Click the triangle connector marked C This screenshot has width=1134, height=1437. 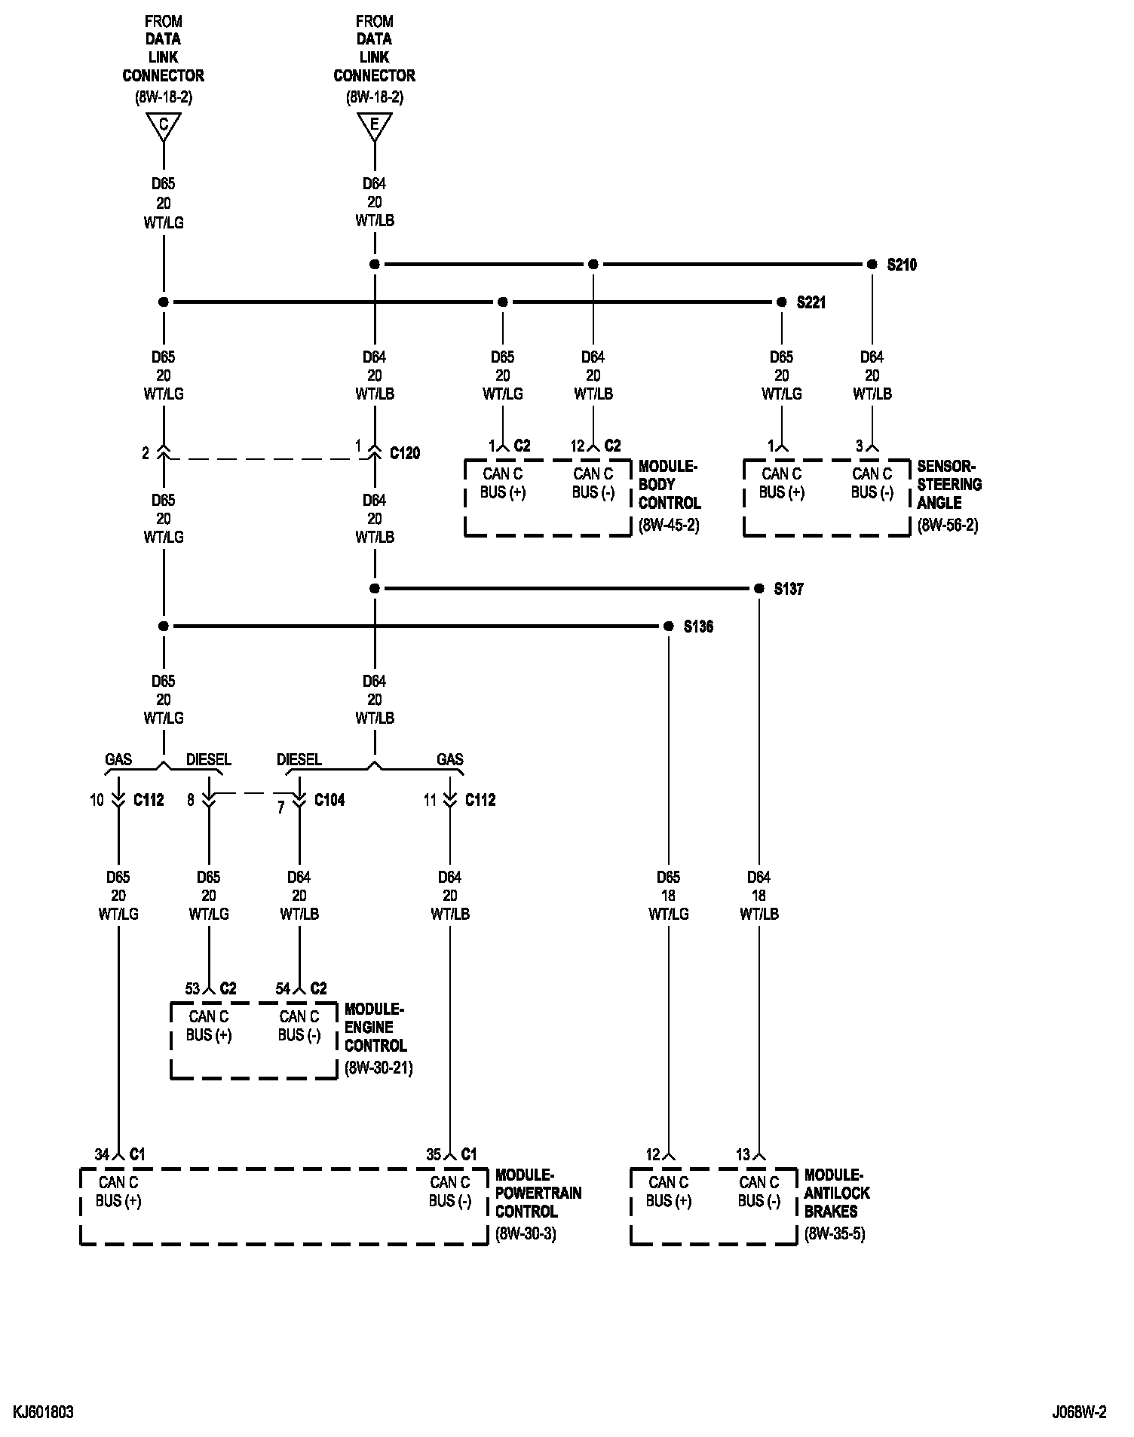(x=164, y=125)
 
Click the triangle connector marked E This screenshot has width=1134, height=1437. (x=375, y=125)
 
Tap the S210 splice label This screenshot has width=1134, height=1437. (x=902, y=265)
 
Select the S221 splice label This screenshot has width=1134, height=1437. (x=811, y=302)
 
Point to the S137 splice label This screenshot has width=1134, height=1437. (x=789, y=589)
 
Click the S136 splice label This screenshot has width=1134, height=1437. (x=698, y=627)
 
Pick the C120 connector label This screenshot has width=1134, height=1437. (x=405, y=453)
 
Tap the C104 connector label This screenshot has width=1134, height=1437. (x=329, y=800)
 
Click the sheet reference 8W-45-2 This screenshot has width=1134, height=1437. (x=669, y=525)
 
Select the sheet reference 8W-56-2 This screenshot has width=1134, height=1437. (x=948, y=525)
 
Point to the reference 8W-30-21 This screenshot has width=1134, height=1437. (x=379, y=1068)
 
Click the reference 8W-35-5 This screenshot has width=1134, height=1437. (x=835, y=1234)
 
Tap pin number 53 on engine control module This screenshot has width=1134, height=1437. (x=193, y=988)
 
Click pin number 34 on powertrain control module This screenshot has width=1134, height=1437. (x=102, y=1154)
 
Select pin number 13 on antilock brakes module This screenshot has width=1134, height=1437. (x=743, y=1154)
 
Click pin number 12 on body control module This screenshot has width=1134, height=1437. (x=578, y=446)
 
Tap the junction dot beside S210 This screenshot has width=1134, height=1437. (x=872, y=265)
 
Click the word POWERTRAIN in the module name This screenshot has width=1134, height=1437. (x=538, y=1193)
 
